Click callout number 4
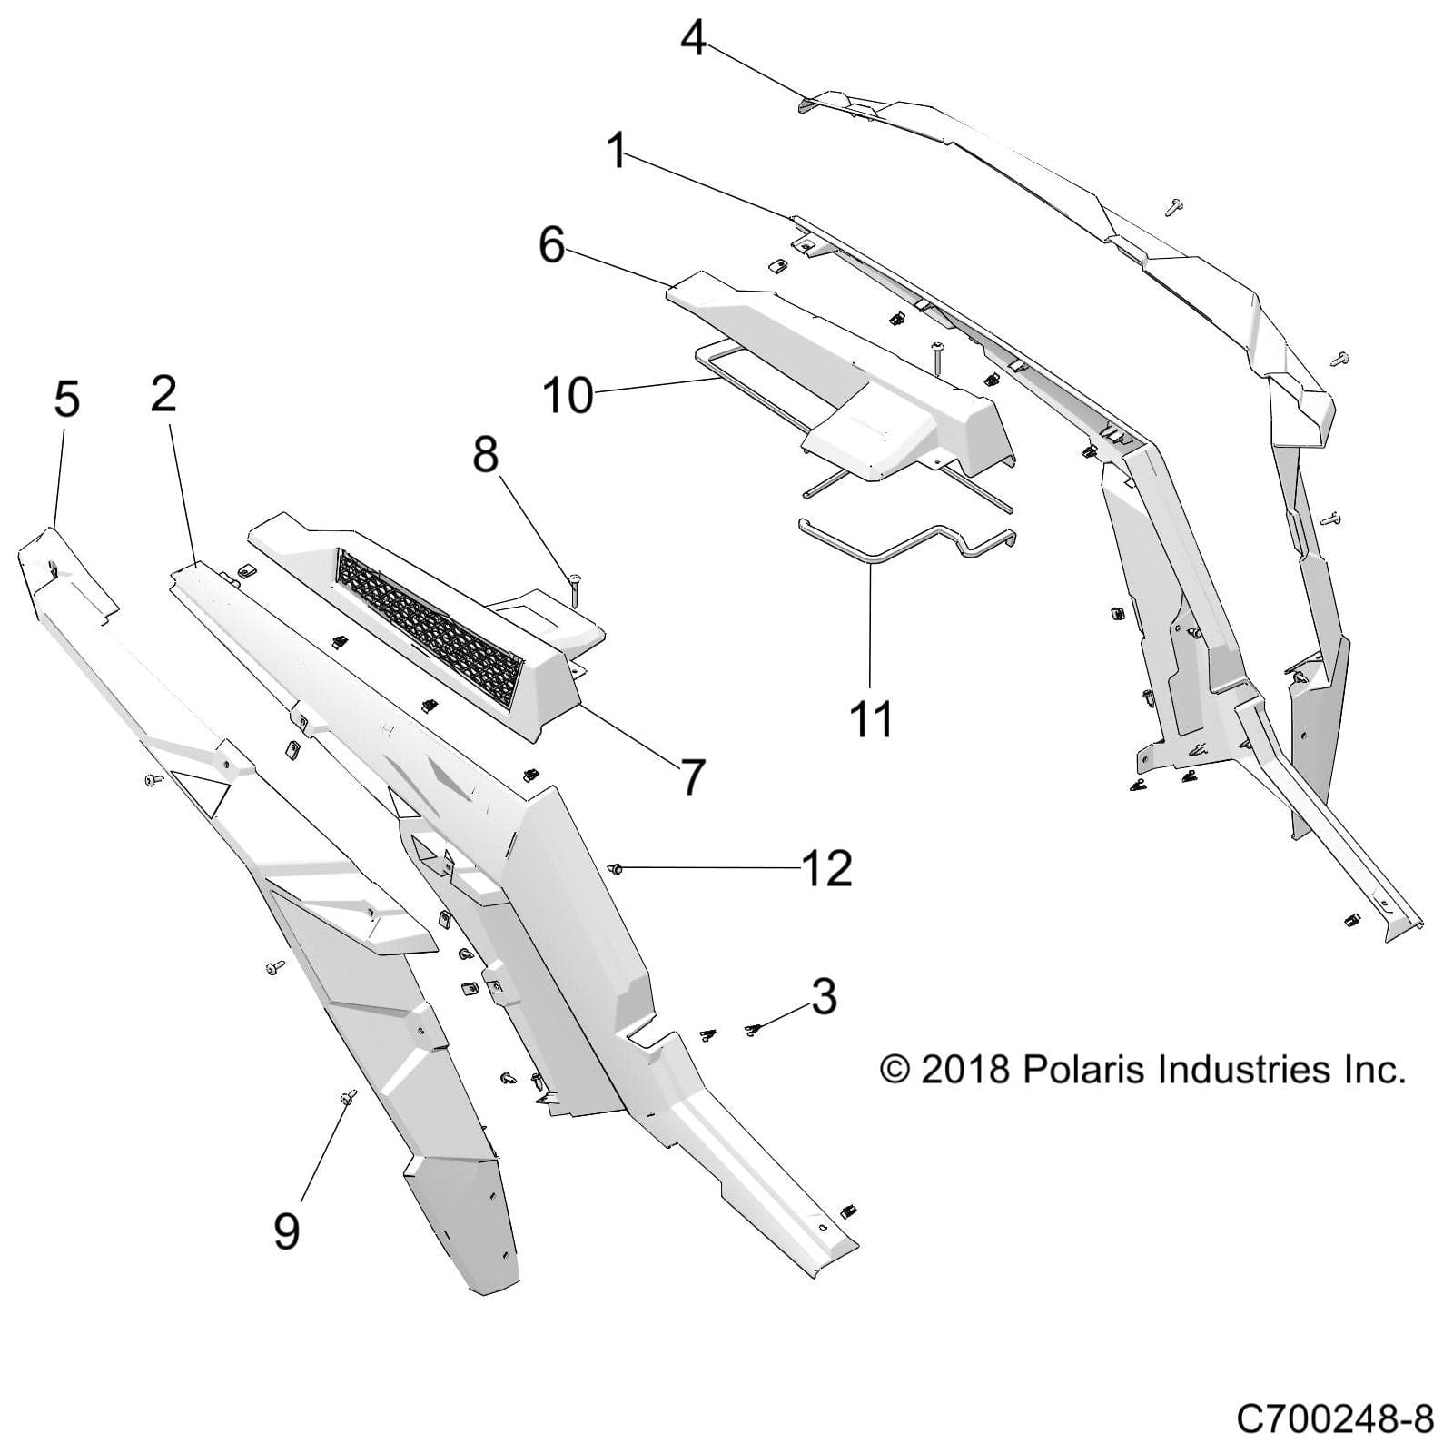tap(694, 38)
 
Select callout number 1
tap(618, 150)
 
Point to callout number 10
tap(568, 396)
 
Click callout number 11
tap(871, 718)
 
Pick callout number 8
tap(486, 453)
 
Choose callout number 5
tap(66, 400)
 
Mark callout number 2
tap(163, 394)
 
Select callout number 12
tap(827, 869)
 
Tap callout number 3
tap(824, 996)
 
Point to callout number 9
tap(286, 1231)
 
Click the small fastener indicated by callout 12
tap(615, 870)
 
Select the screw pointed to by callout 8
tap(575, 582)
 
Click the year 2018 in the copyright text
tap(965, 1070)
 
